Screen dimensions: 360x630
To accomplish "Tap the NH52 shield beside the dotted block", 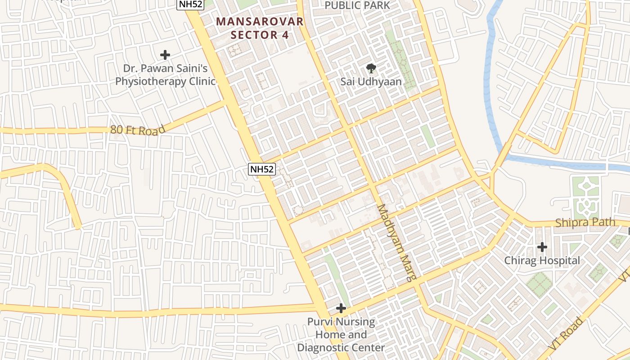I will click(x=261, y=169).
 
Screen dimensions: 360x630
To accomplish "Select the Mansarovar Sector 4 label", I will click(x=260, y=28).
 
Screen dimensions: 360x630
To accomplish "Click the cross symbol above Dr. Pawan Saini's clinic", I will click(x=165, y=55).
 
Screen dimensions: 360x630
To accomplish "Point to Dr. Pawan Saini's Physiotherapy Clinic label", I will click(x=165, y=75).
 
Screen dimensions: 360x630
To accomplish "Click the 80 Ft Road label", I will click(x=138, y=130).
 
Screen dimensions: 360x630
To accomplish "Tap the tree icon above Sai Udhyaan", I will click(x=371, y=68).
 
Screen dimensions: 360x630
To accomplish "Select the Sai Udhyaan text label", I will click(x=371, y=81).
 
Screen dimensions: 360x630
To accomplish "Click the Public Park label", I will click(x=357, y=5).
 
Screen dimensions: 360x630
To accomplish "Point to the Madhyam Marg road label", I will click(x=396, y=243).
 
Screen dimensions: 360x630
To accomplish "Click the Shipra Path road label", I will click(x=585, y=222).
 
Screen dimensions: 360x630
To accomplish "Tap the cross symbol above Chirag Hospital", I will click(x=542, y=247).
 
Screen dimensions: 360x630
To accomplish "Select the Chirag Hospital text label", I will click(x=542, y=260).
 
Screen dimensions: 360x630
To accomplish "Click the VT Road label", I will click(x=566, y=334).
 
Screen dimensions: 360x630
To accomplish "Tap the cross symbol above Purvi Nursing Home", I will click(x=341, y=308).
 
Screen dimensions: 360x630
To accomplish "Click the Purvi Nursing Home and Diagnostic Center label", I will click(x=341, y=335).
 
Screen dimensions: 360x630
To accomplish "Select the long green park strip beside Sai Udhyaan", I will click(x=401, y=58).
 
